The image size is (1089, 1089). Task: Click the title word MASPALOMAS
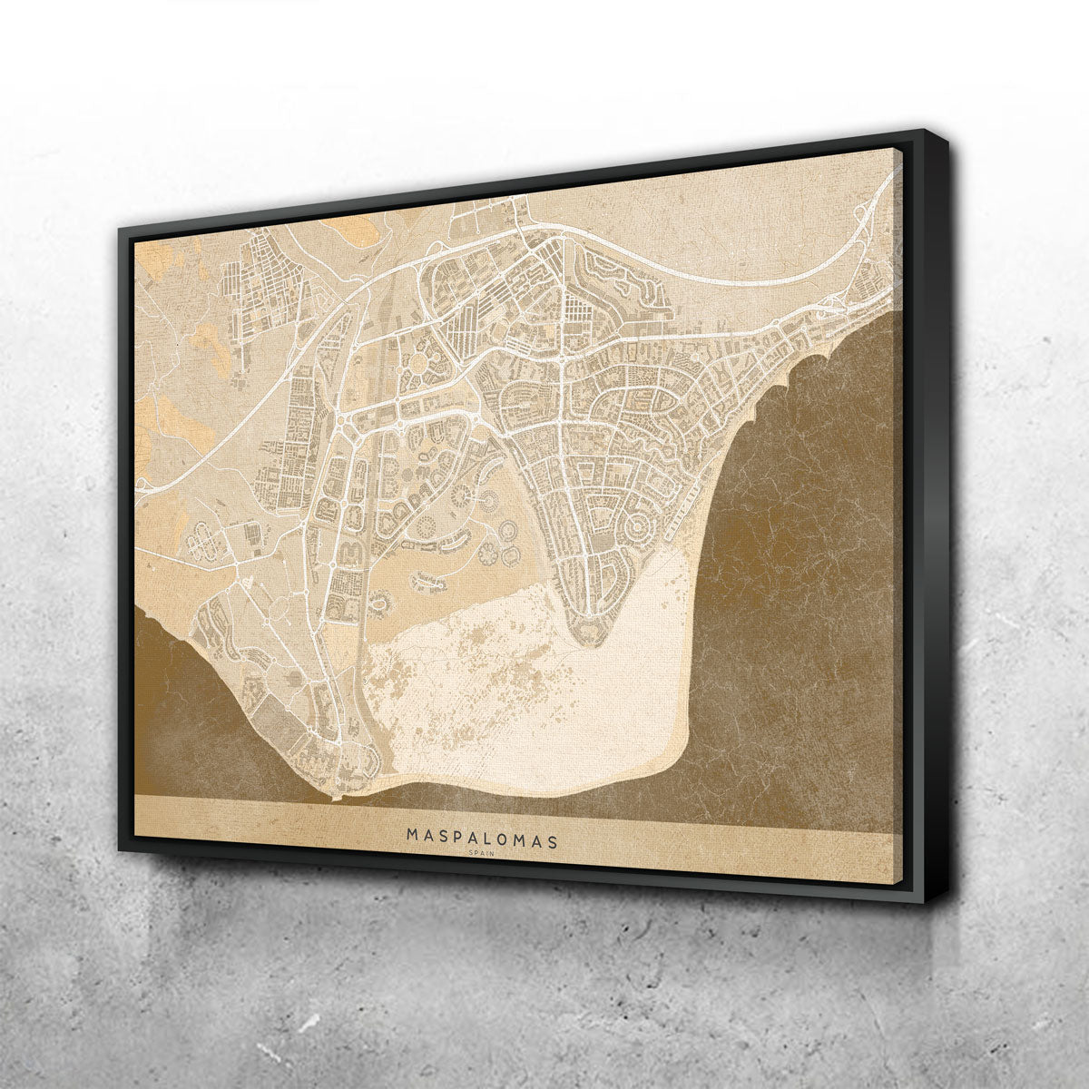(x=482, y=836)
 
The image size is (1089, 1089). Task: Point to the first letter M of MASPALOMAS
(x=413, y=833)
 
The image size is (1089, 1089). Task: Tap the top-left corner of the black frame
(x=120, y=224)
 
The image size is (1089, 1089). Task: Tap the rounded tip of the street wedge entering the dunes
(x=591, y=639)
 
